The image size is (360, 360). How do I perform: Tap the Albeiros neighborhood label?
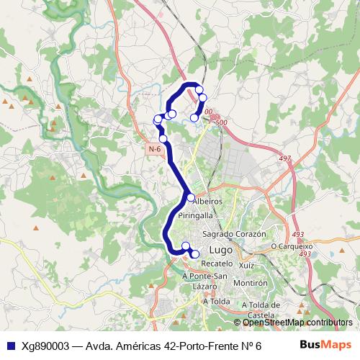208,202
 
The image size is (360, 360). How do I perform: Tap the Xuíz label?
247,266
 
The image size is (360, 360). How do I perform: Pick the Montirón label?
251,283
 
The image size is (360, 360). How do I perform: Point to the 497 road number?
285,158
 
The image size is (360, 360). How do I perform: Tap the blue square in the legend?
10,345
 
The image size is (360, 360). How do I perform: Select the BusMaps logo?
325,345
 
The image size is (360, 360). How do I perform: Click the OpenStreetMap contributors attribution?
297,323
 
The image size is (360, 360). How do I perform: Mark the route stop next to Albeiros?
191,197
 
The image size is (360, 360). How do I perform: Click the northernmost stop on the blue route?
199,90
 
